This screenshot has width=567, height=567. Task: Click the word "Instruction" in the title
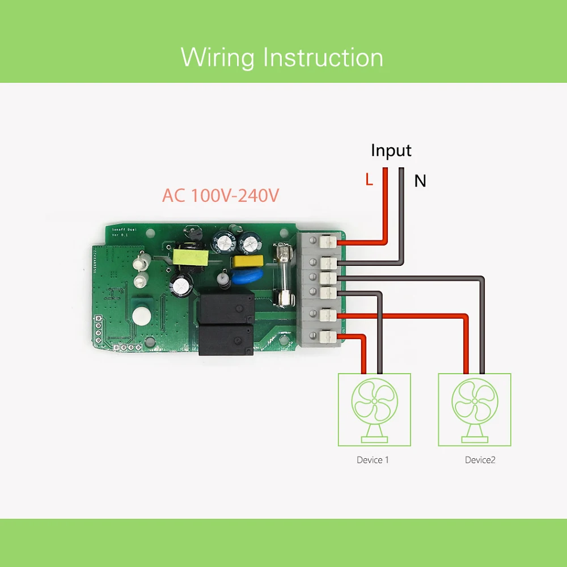pos(324,58)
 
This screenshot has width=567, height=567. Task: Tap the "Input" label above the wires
pos(391,150)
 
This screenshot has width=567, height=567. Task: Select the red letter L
pos(369,180)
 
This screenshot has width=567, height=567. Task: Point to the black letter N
pos(420,181)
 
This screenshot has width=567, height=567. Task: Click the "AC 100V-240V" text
pos(221,196)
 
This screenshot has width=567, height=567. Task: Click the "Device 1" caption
pos(373,460)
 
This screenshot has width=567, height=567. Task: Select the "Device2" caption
pos(480,460)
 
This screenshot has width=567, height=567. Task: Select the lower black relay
pos(225,338)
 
